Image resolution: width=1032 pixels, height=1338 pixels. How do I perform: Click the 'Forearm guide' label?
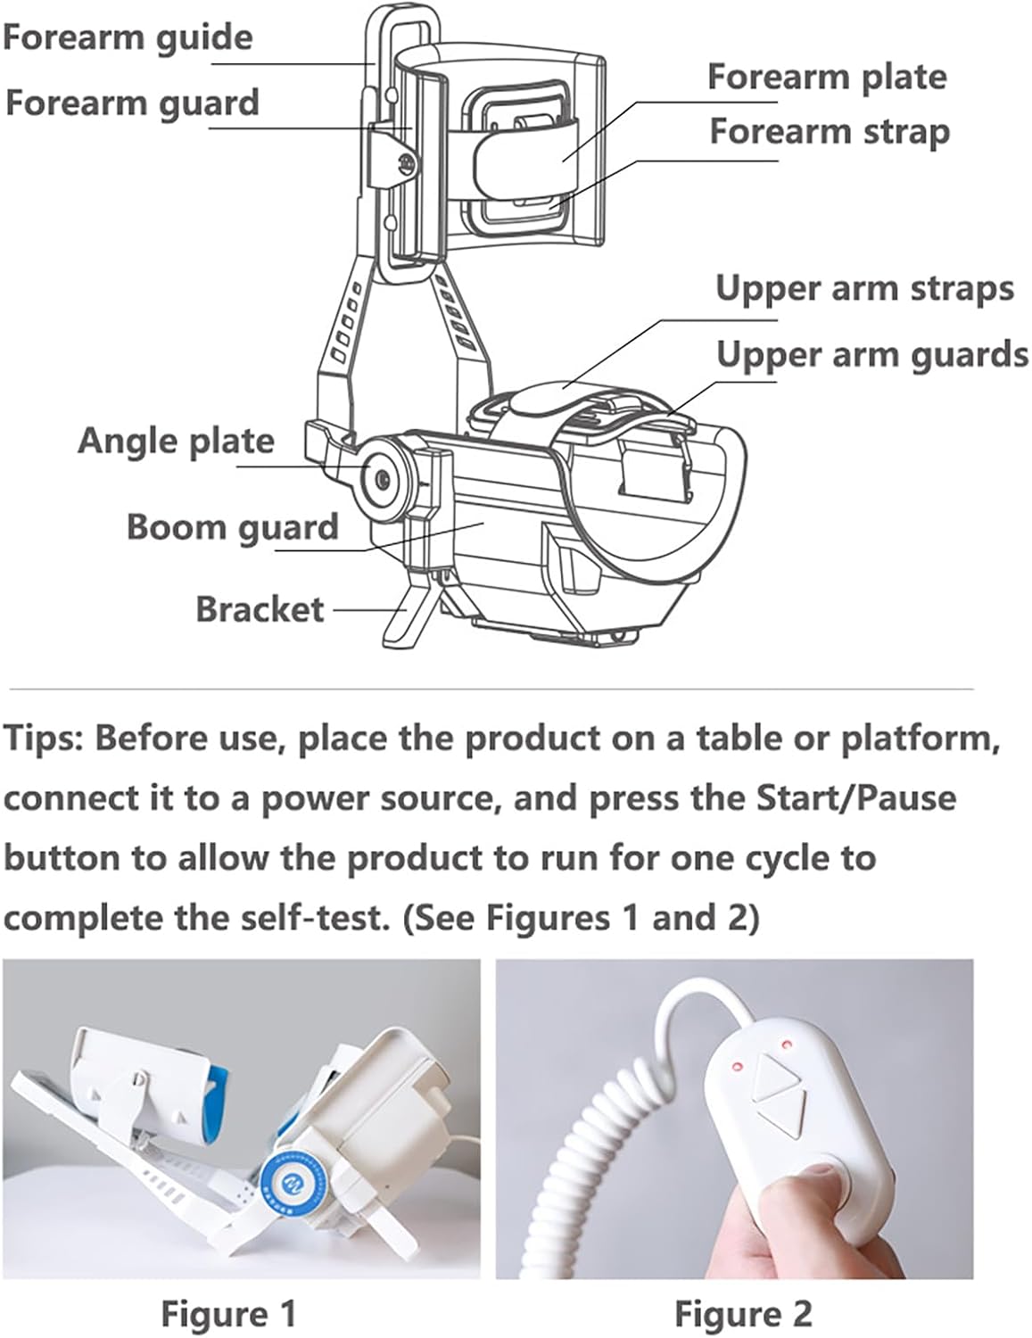128,37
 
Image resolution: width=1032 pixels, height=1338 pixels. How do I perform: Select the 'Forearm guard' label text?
132,103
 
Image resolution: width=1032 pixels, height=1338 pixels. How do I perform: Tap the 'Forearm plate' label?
827,77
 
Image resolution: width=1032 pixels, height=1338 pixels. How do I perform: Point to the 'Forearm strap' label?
830,131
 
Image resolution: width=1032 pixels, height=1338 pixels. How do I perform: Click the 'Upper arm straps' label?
864,288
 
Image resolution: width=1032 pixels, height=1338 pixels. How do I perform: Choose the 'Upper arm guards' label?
871,354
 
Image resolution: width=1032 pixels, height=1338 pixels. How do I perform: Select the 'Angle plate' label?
176,441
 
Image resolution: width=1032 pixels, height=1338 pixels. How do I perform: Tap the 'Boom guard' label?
232,526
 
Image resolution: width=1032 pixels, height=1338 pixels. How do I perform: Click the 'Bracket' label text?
260,609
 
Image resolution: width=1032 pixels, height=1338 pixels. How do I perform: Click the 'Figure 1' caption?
227,1313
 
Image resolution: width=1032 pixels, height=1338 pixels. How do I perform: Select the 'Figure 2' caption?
742,1313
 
